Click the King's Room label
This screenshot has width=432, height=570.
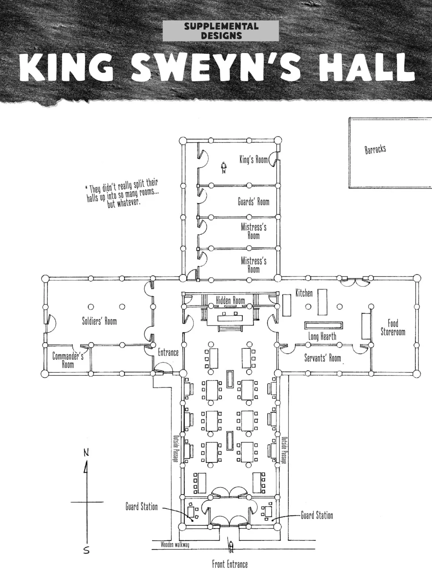point(253,160)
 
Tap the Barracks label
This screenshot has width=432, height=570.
point(375,149)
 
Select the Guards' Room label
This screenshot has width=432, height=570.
point(254,201)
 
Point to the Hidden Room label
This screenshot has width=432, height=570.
point(231,301)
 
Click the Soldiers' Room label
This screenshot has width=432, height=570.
point(100,321)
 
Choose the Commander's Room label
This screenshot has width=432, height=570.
point(68,360)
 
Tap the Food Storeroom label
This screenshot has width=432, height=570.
point(393,328)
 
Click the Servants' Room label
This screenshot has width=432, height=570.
point(323,358)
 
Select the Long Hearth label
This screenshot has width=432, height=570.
point(322,336)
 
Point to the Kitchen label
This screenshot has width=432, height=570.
point(304,293)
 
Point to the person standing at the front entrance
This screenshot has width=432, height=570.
point(230,546)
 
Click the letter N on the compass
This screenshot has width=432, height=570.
point(87,453)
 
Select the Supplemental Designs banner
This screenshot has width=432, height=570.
point(221,31)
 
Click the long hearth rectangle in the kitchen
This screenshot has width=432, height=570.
point(323,325)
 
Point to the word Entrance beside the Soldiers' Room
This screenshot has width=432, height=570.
point(168,352)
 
